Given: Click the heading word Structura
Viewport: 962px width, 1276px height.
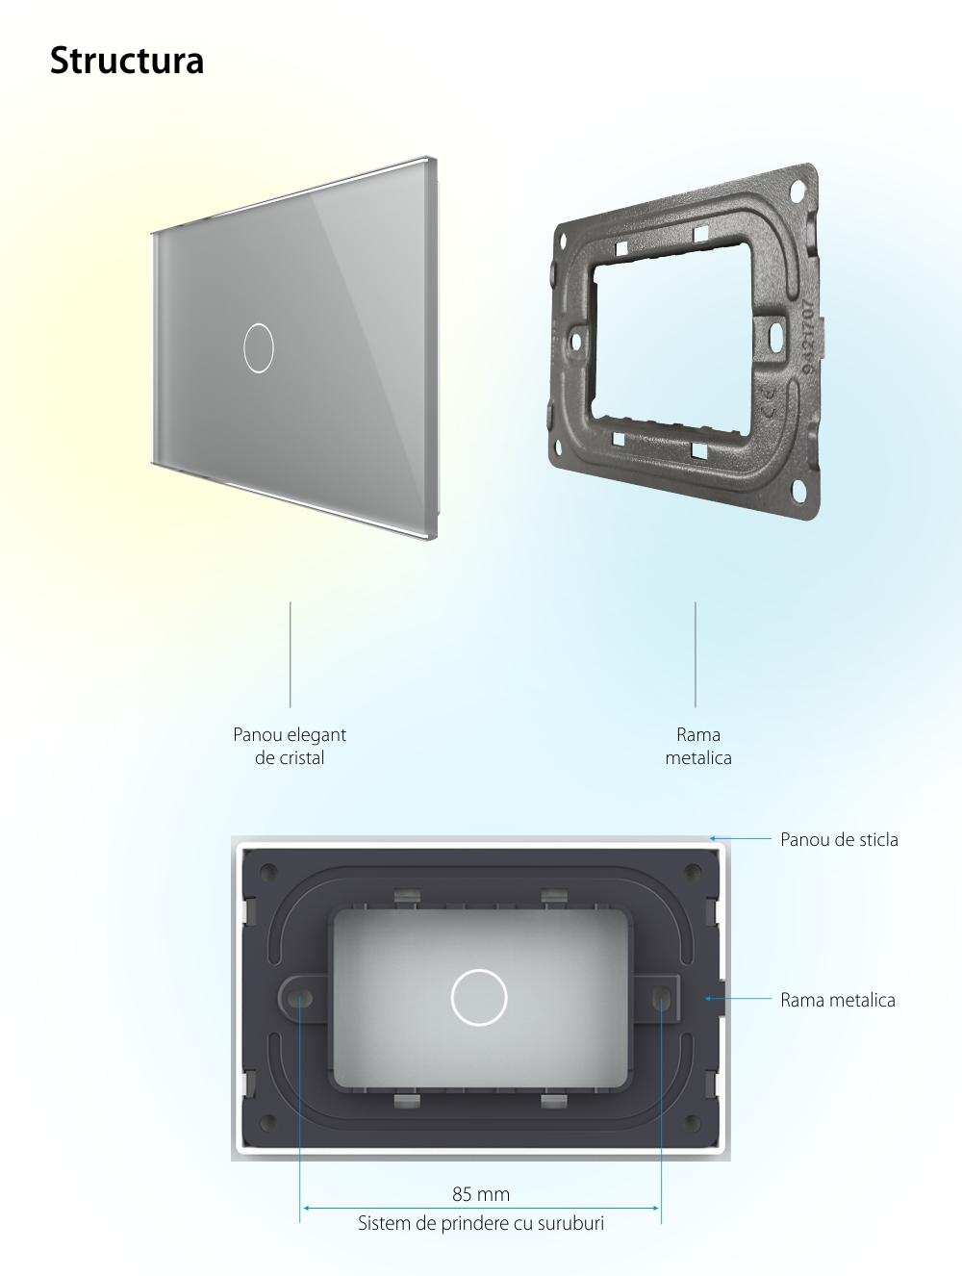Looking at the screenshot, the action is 127,61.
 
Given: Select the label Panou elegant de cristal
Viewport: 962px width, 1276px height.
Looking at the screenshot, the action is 290,746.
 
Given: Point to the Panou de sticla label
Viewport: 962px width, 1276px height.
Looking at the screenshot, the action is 839,839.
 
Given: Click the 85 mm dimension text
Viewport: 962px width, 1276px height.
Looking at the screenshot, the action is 481,1194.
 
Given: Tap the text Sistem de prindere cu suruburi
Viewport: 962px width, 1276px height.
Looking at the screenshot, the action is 481,1223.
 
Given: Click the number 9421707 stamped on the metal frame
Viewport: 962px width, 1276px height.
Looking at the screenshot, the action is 810,337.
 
